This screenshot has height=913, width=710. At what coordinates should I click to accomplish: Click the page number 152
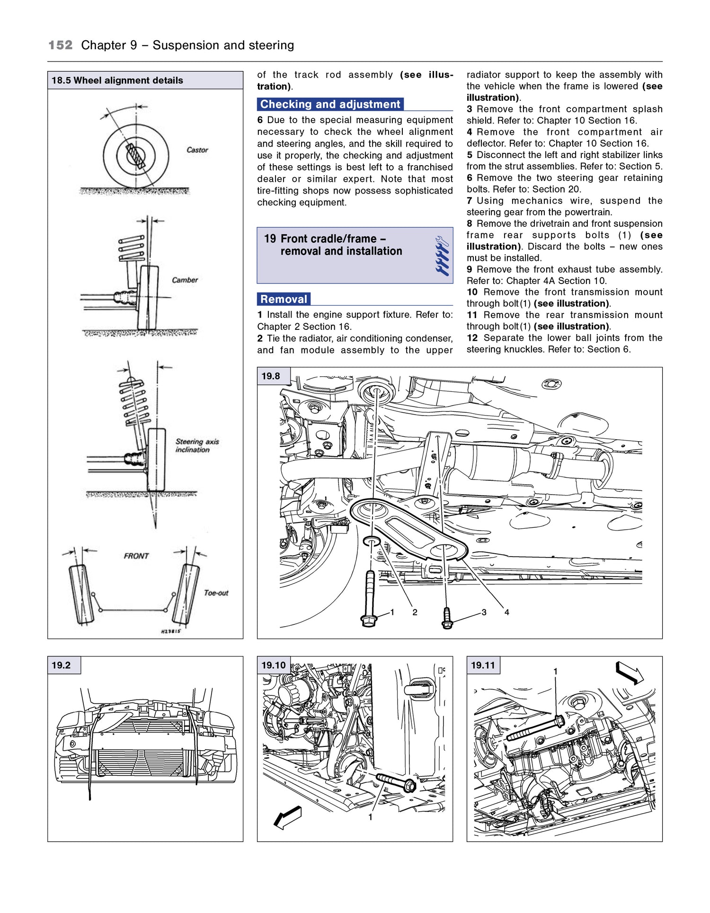pyautogui.click(x=61, y=45)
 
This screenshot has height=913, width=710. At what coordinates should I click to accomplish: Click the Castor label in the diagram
pyautogui.click(x=197, y=150)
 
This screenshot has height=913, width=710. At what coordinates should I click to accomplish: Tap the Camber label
pyautogui.click(x=185, y=280)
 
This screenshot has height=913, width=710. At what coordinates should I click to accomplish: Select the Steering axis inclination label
pyautogui.click(x=197, y=446)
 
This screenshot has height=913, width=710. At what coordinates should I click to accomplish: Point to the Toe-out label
pyautogui.click(x=216, y=593)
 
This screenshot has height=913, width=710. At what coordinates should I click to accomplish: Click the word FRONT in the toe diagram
pyautogui.click(x=136, y=556)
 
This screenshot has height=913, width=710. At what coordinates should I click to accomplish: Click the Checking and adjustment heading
pyautogui.click(x=330, y=104)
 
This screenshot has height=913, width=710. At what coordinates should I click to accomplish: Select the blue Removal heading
pyautogui.click(x=284, y=299)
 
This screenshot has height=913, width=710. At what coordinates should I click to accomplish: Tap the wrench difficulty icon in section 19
pyautogui.click(x=443, y=256)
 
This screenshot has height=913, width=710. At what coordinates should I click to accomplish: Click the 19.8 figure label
pyautogui.click(x=271, y=376)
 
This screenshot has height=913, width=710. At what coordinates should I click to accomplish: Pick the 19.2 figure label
pyautogui.click(x=61, y=665)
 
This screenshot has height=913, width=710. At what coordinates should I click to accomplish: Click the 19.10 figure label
pyautogui.click(x=274, y=665)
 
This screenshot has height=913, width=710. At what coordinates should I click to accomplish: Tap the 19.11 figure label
pyautogui.click(x=483, y=665)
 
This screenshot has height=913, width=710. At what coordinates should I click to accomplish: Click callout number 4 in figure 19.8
pyautogui.click(x=506, y=612)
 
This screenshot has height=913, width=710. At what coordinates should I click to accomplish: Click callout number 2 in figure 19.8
pyautogui.click(x=415, y=612)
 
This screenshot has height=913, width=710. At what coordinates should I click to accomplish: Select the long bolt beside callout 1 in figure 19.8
pyautogui.click(x=369, y=599)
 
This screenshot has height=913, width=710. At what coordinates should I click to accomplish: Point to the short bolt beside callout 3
pyautogui.click(x=447, y=618)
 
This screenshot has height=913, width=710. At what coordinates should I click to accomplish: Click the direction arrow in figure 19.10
pyautogui.click(x=288, y=817)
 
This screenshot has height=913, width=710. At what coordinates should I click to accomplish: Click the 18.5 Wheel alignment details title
pyautogui.click(x=117, y=80)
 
